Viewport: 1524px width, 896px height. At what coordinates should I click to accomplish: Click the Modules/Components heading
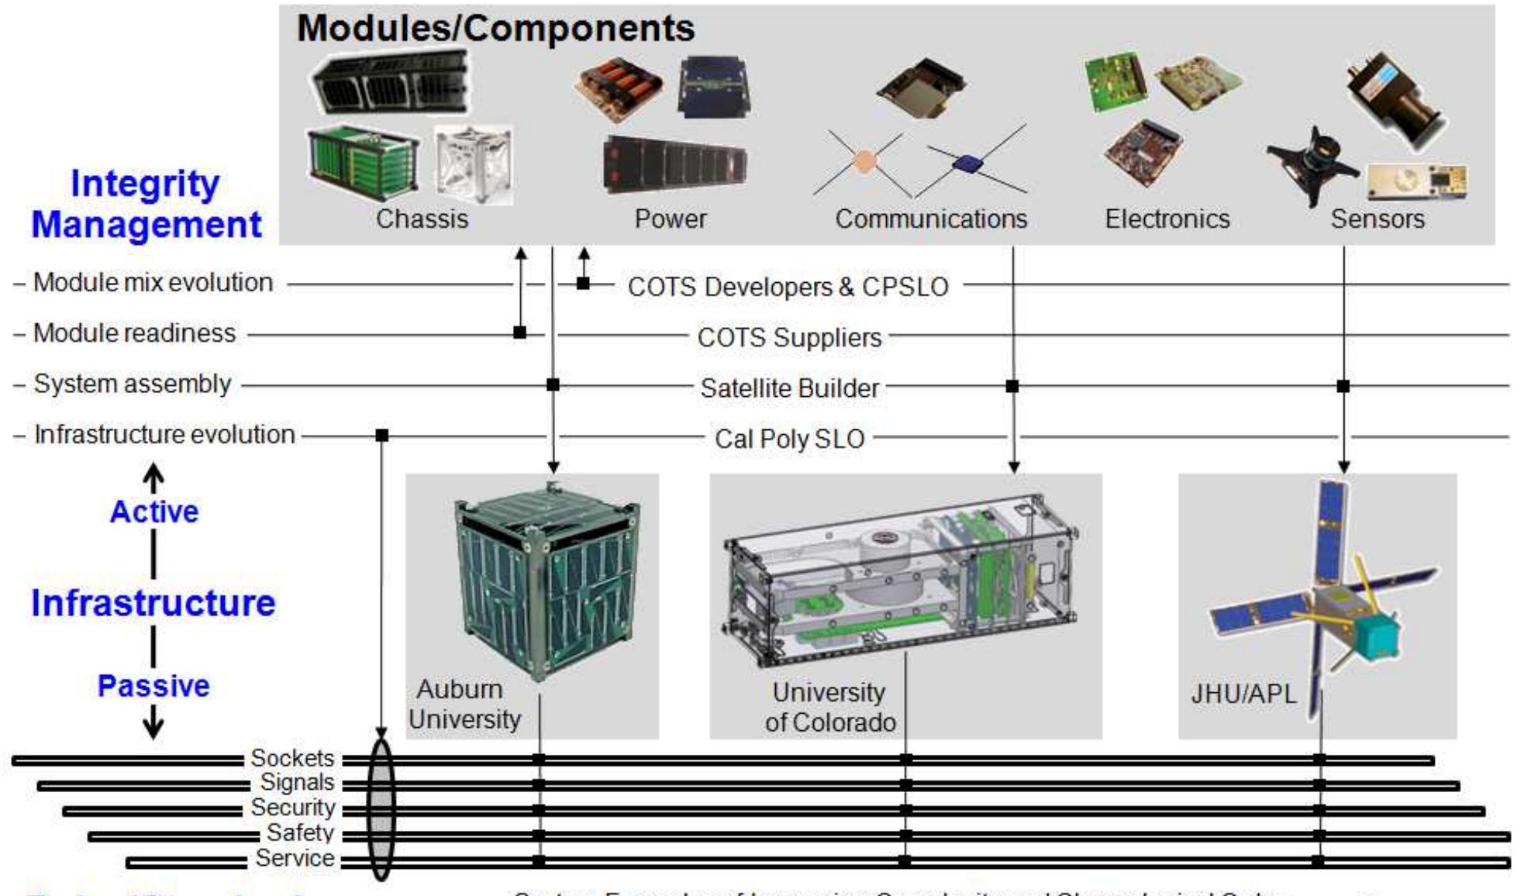click(495, 29)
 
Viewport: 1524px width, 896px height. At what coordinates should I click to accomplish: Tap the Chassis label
click(422, 219)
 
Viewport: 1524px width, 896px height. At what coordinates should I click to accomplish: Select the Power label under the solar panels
click(670, 219)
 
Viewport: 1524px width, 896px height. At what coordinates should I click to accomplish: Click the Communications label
click(930, 219)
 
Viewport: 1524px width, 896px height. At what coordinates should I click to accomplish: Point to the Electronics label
click(1167, 219)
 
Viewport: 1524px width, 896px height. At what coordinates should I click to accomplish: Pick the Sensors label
click(1377, 219)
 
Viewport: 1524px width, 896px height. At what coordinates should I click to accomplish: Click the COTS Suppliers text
click(789, 338)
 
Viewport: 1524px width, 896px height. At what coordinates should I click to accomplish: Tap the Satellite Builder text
click(789, 388)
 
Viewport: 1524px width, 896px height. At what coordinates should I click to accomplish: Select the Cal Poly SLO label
click(789, 439)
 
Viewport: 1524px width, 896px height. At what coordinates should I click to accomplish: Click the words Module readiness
click(134, 333)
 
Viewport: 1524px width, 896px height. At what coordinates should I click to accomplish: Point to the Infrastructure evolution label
click(164, 435)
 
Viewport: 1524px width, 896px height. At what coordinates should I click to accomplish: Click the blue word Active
click(153, 512)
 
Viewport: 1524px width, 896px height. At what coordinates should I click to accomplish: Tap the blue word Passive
click(153, 686)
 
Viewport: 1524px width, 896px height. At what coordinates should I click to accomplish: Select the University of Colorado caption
click(829, 707)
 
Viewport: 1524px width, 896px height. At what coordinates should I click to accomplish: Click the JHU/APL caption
click(1243, 694)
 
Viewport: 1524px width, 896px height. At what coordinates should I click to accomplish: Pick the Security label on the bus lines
click(292, 808)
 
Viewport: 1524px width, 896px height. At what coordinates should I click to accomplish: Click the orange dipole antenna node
click(864, 161)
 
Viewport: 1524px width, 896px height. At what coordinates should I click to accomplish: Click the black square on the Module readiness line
click(520, 333)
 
